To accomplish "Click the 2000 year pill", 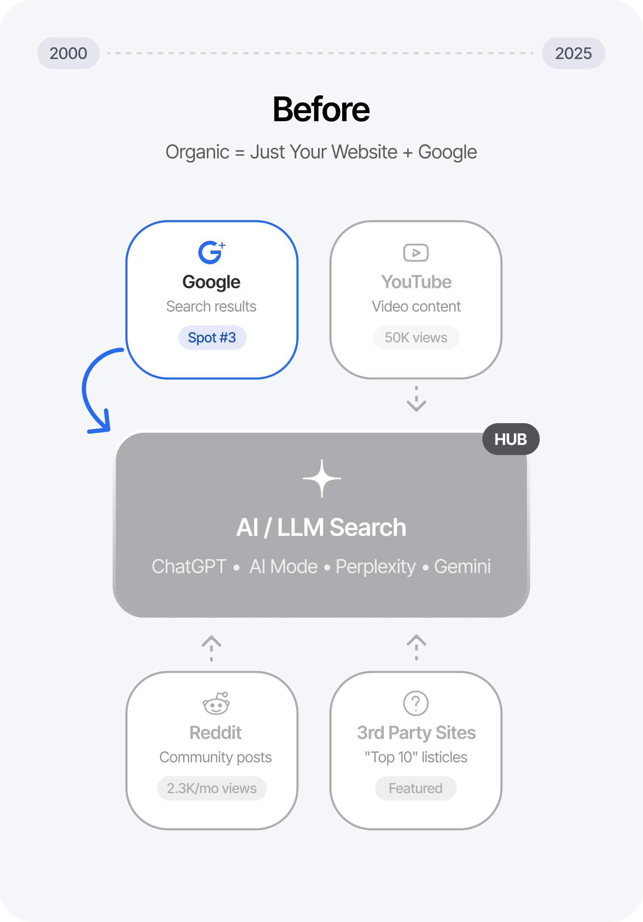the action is click(x=68, y=53).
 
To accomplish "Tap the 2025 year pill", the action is click(x=573, y=53).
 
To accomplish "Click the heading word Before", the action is click(x=321, y=109).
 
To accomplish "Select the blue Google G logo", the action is click(x=210, y=253).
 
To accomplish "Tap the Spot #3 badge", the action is click(x=212, y=338).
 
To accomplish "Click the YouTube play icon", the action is click(x=416, y=253).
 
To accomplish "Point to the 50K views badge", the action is click(x=416, y=338).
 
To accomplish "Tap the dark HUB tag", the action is click(x=510, y=439).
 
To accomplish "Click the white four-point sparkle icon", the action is click(x=322, y=478).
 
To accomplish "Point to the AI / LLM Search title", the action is click(x=321, y=527).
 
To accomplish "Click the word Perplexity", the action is click(x=376, y=566).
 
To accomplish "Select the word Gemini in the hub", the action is click(x=462, y=566).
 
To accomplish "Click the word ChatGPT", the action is click(x=189, y=566).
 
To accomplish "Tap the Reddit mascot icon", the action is click(x=216, y=703).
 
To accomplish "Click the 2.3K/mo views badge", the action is click(x=212, y=788).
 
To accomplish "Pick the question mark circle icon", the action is click(x=416, y=703).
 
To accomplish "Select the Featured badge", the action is click(x=416, y=788).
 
